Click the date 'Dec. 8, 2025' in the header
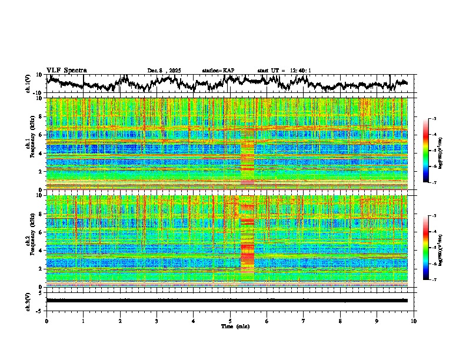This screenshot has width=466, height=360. [164, 71]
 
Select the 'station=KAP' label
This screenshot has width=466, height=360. [218, 71]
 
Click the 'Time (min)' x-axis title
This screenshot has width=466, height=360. [230, 326]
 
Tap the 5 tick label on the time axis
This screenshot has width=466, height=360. [230, 321]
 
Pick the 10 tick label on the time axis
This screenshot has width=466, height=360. [414, 321]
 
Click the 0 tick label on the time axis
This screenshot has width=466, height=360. [46, 321]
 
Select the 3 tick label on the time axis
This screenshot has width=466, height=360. [157, 321]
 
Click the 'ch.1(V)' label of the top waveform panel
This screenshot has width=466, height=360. [28, 84]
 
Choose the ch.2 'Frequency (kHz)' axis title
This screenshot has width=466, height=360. [29, 241]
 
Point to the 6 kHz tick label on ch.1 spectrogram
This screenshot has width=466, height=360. [41, 135]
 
